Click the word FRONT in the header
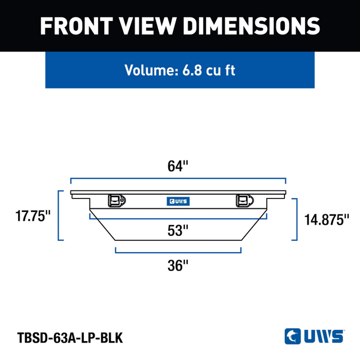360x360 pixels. pyautogui.click(x=76, y=26)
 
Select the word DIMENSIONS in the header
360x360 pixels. pyautogui.click(x=251, y=26)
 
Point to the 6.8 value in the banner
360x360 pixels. pyautogui.click(x=192, y=70)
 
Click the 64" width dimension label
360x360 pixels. pyautogui.click(x=178, y=166)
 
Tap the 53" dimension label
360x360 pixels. pyautogui.click(x=178, y=230)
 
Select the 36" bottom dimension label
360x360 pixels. pyautogui.click(x=178, y=265)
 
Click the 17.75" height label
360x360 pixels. pyautogui.click(x=33, y=216)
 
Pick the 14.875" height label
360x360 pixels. pyautogui.click(x=327, y=220)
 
